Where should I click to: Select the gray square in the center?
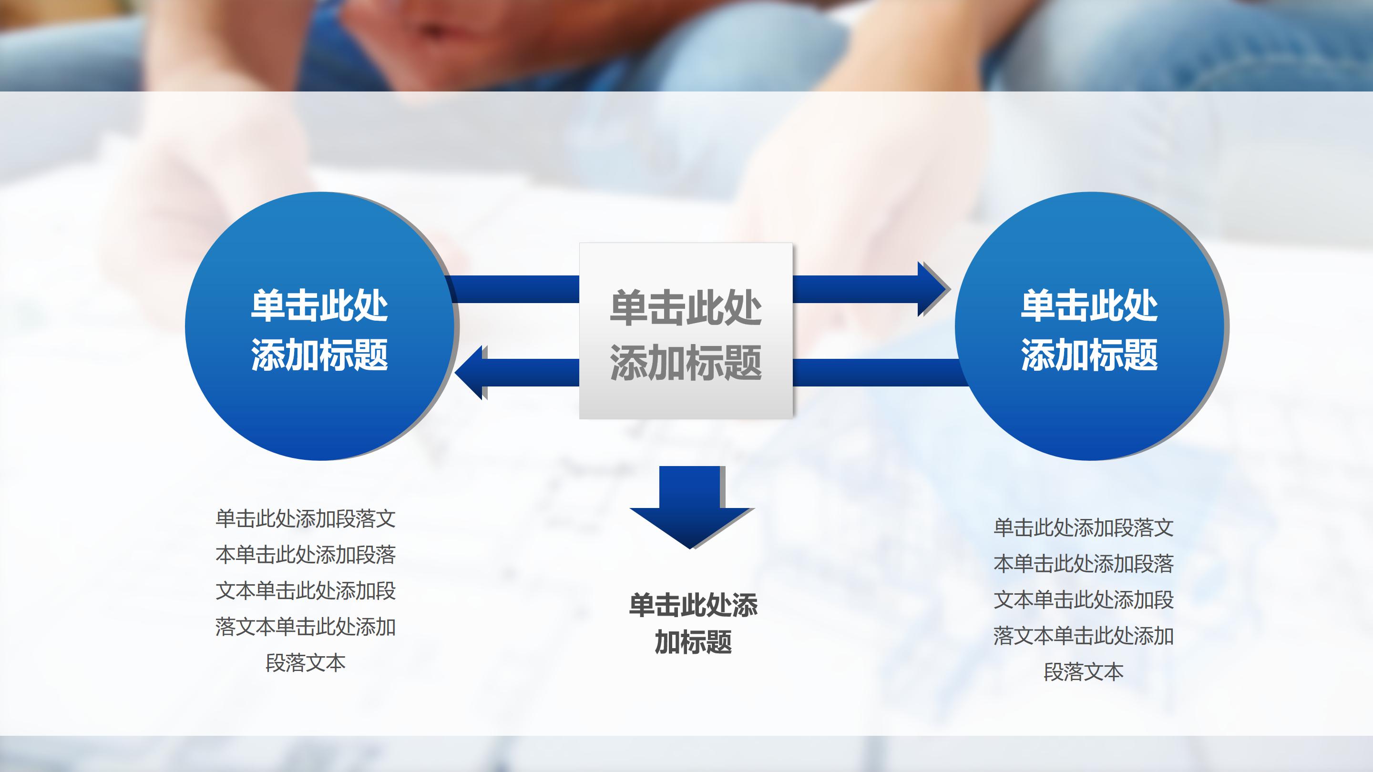pos(686,331)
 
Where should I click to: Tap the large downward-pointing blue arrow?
pos(691,508)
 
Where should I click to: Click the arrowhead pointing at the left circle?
pos(470,372)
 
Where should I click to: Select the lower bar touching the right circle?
pos(880,372)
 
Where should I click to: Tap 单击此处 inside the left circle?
pos(319,306)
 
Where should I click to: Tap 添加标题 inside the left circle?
pos(319,354)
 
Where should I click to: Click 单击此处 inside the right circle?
pos(1089,306)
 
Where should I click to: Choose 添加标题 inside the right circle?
pos(1089,354)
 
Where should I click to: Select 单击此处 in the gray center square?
pos(686,307)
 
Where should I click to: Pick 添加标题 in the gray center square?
pos(686,362)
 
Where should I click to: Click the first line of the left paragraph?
pos(306,519)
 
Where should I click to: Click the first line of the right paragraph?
pos(1084,528)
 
